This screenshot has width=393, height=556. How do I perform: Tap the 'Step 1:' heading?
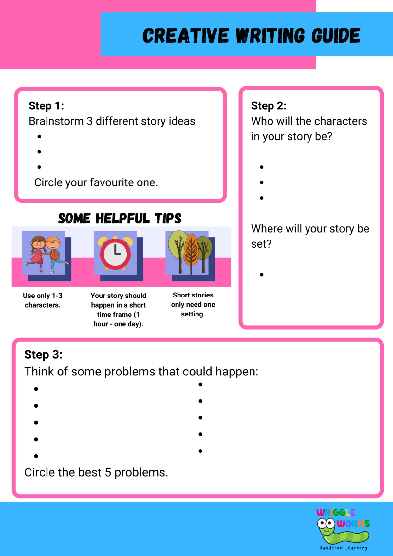pos(46,106)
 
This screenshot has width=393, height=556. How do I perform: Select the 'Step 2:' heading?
pos(269,106)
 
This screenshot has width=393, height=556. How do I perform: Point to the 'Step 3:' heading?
pos(43,355)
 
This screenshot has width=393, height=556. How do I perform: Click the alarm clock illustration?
pos(115,253)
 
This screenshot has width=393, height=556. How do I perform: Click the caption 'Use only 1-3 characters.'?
pos(43,300)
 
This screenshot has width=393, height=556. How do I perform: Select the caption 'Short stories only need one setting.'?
pos(193,304)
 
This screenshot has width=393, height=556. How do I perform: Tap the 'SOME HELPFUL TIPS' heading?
pos(120,218)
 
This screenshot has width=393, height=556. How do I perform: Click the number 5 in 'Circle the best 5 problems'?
pos(108,472)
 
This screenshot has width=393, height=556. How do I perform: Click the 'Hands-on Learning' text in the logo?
pos(343,548)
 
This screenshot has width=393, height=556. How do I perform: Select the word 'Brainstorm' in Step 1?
pos(56,121)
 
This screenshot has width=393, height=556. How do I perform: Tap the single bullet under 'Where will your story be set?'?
pos(262,275)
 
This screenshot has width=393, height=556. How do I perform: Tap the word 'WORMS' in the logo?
pos(353,524)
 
